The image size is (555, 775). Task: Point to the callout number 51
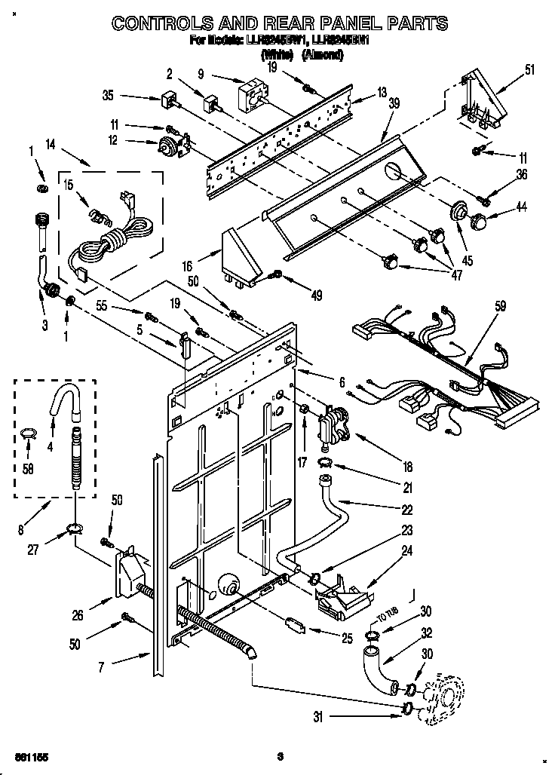pos(529,71)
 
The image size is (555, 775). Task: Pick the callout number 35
pos(108,96)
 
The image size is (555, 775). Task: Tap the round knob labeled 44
pos(478,222)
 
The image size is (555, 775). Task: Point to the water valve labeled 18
pos(334,424)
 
